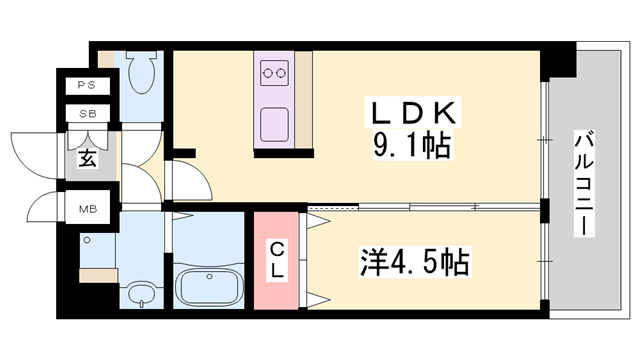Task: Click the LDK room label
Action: tap(413, 112)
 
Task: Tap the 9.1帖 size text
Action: tap(412, 145)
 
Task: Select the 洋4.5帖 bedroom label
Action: tap(414, 262)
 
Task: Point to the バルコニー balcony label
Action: tap(584, 183)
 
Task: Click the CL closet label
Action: tap(277, 260)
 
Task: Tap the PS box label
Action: tap(87, 85)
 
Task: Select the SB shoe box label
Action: tap(88, 114)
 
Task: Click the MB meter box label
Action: tap(88, 209)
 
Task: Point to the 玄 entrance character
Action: tap(88, 158)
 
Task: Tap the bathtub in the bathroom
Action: tap(209, 286)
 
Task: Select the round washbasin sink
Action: tap(141, 294)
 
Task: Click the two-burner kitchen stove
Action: tap(274, 73)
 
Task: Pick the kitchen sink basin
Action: tap(274, 124)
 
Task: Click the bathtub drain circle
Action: tap(209, 276)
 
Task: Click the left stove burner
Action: tap(268, 73)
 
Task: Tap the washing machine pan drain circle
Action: tap(87, 240)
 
